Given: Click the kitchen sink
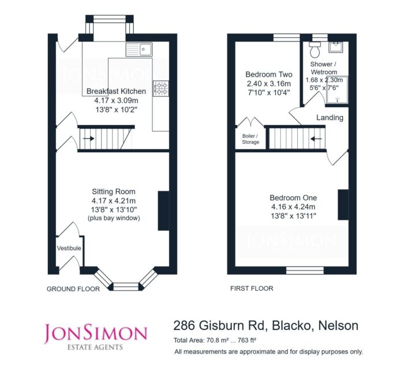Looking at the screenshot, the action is tap(139, 50).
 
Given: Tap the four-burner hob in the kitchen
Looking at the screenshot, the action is tap(161, 88).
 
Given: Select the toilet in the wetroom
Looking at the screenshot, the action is tap(315, 50).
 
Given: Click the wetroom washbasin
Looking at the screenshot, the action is tap(335, 47).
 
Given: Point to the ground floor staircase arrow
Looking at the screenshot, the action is tap(88, 138).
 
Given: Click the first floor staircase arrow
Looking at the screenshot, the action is tap(316, 139).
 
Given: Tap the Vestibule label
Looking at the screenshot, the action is tap(69, 248).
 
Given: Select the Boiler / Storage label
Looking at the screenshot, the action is tap(250, 139).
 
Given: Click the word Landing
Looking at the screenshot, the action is tap(330, 118).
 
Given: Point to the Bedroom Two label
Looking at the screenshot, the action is tap(269, 74).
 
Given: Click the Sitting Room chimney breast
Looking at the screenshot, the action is tap(163, 211).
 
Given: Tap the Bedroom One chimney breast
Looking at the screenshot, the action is tap(343, 205).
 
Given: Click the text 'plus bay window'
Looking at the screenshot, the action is tap(114, 218).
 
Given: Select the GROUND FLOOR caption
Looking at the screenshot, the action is tap(73, 289).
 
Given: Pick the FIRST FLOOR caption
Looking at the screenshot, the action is tap(252, 288).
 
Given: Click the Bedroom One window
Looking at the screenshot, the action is tap(305, 270).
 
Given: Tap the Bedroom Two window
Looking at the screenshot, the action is tap(286, 37).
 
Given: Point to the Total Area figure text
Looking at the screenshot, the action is tap(215, 340).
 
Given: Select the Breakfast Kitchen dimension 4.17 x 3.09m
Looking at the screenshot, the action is tap(116, 100).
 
